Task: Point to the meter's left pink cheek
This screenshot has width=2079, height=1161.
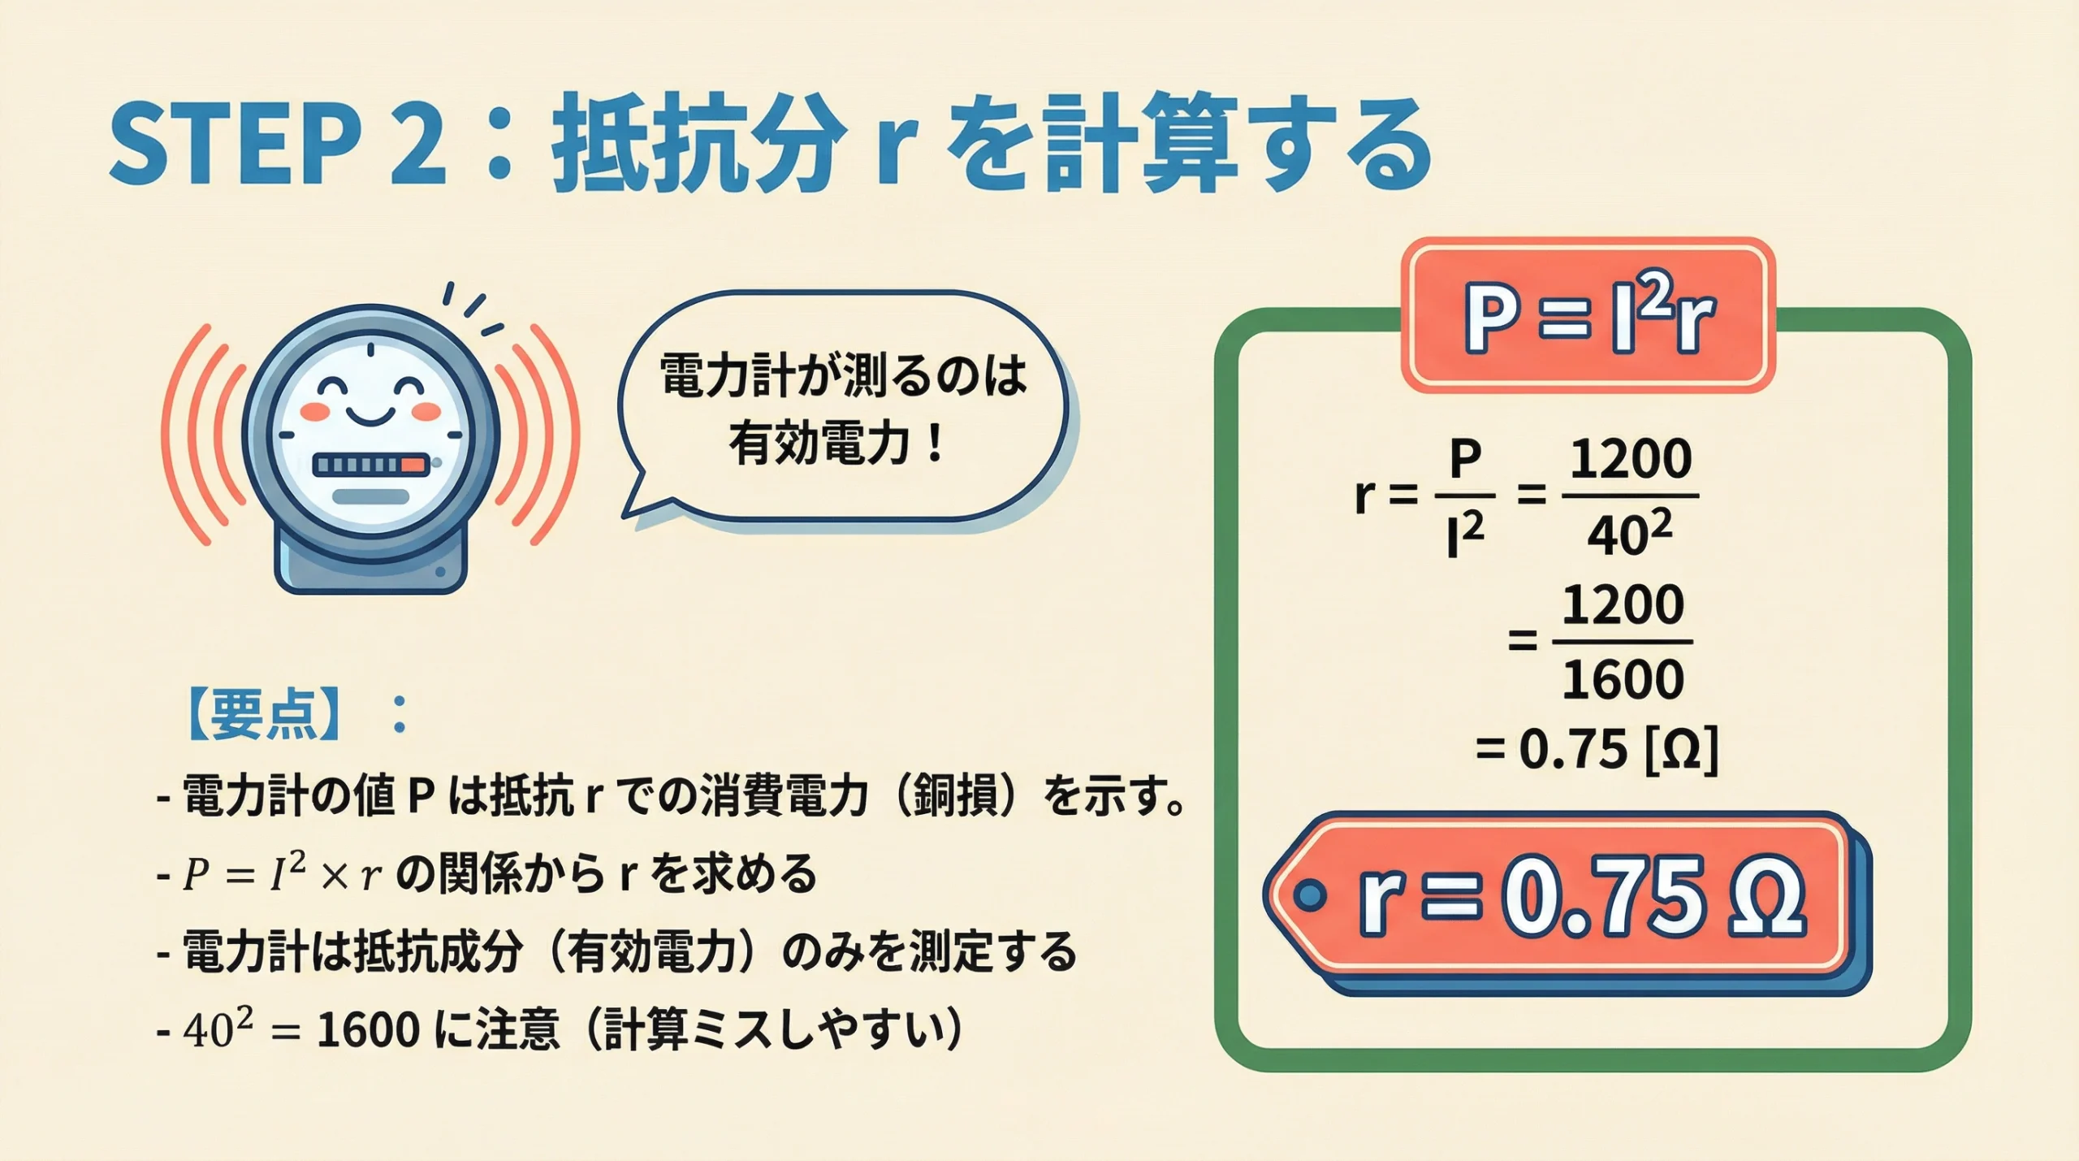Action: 315,412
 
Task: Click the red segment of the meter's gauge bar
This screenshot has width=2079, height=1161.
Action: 413,465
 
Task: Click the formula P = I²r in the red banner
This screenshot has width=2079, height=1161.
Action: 1588,317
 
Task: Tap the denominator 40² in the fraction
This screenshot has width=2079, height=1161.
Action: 1629,535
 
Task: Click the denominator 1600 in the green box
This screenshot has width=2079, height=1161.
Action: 1623,679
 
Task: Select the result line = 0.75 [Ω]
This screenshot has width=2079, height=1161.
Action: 1597,749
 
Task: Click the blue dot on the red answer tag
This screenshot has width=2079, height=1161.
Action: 1308,895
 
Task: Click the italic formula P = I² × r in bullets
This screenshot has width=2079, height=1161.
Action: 281,875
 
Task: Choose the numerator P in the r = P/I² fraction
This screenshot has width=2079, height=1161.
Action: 1465,461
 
